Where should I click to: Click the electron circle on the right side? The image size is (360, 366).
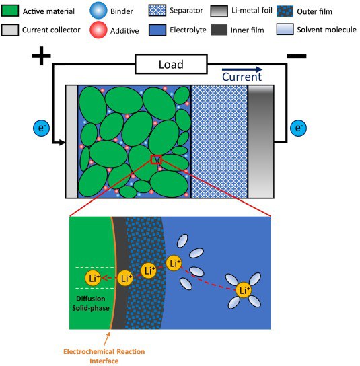298,126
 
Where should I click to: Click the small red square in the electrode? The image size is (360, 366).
156,159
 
